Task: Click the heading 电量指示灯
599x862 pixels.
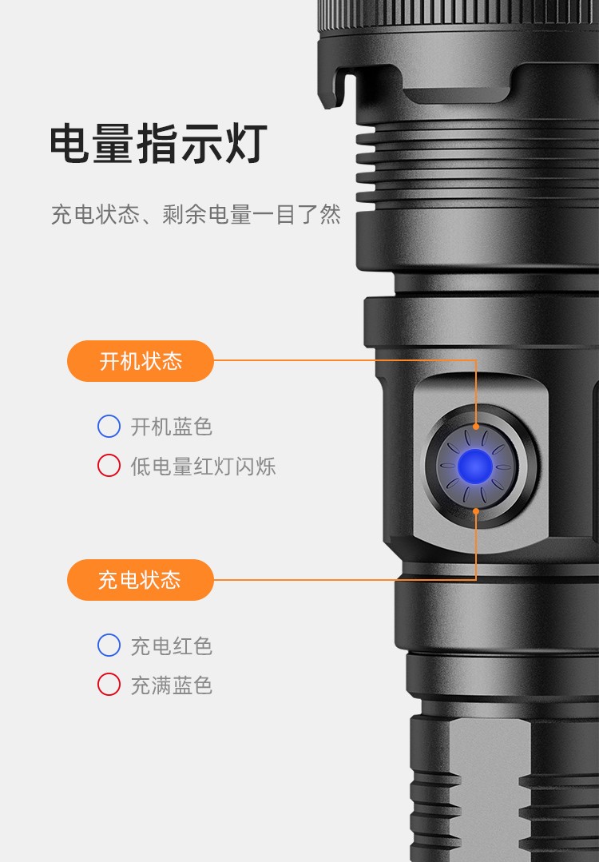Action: [158, 144]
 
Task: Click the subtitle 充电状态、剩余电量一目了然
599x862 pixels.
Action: [196, 214]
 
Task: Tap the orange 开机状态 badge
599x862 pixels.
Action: [140, 360]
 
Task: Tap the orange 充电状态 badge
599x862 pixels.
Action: [140, 580]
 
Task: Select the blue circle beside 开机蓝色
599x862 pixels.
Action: [109, 426]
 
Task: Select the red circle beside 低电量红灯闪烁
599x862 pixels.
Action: [109, 465]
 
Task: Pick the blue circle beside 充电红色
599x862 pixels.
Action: [109, 645]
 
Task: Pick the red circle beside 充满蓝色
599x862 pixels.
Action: [109, 685]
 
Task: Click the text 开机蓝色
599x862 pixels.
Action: [172, 427]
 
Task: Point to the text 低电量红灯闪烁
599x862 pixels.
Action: [203, 467]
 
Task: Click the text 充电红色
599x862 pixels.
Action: [172, 646]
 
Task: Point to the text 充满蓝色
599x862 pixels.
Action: [172, 685]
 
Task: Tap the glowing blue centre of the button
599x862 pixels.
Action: [475, 467]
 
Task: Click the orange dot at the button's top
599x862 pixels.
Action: [476, 426]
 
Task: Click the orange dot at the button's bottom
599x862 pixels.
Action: [476, 511]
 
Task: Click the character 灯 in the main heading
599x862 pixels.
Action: [246, 144]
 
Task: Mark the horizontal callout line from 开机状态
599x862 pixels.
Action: [344, 360]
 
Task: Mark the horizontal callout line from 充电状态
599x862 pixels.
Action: [344, 579]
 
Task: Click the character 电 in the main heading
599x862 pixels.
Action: [70, 144]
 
